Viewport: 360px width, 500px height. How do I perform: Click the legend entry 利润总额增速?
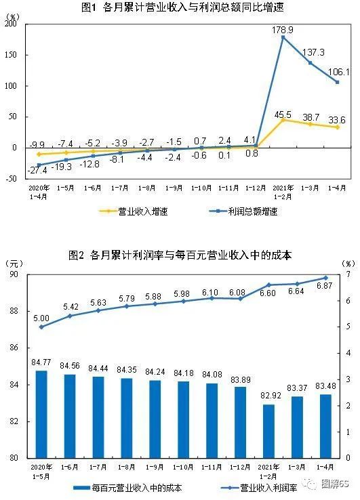pos(244,211)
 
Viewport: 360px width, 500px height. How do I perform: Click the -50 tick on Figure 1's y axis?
pos(12,179)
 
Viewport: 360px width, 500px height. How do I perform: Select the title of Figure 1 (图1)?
pos(179,8)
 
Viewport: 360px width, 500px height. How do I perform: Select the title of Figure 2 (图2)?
pos(179,255)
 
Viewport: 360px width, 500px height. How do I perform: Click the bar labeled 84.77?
pos(41,414)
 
